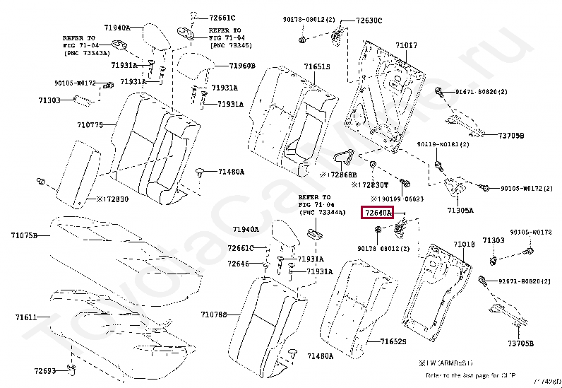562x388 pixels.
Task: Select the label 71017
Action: (406, 46)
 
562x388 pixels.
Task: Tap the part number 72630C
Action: (367, 20)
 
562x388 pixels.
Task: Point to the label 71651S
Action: (317, 67)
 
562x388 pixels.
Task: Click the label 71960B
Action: (242, 66)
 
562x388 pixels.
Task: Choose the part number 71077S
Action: (90, 124)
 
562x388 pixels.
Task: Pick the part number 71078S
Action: (214, 314)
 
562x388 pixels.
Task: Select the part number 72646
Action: (238, 264)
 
